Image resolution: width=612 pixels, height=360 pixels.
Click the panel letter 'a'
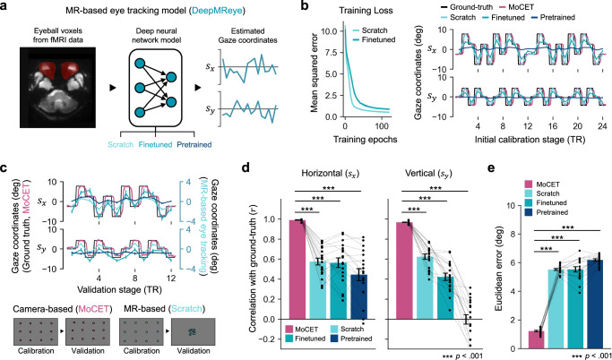click(5, 6)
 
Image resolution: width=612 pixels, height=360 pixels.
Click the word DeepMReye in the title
click(221, 12)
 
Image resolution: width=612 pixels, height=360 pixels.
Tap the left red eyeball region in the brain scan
click(48, 69)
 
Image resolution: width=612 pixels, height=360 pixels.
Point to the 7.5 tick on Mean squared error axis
click(330, 52)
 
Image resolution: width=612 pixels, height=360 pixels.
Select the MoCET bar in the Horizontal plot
click(297, 270)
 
